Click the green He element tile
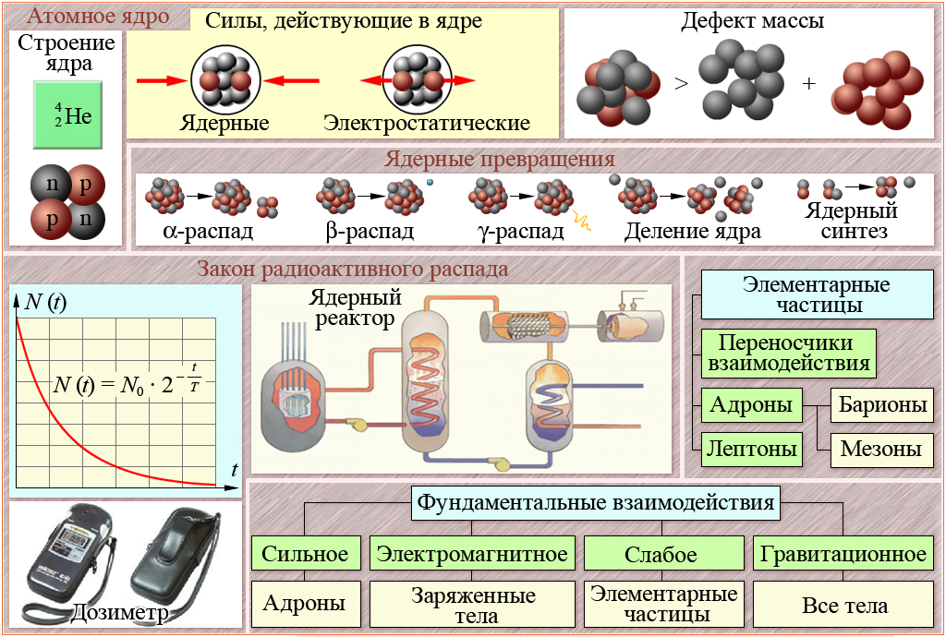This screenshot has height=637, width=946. (x=66, y=114)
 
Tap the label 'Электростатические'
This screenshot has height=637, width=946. (x=427, y=123)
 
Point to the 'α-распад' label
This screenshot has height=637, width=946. (x=208, y=231)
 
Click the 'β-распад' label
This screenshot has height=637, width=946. (x=370, y=231)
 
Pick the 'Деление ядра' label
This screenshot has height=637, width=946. (x=692, y=231)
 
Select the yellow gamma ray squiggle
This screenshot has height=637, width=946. (x=583, y=221)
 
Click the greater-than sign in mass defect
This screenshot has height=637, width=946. (x=681, y=84)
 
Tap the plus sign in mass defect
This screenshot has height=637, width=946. (x=809, y=84)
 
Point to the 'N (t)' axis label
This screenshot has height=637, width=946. (x=44, y=301)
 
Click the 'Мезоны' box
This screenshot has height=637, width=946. (x=880, y=450)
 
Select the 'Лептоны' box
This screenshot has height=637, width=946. (x=752, y=450)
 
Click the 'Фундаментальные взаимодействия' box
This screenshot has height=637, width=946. (x=596, y=504)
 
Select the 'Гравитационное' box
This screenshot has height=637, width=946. (x=843, y=554)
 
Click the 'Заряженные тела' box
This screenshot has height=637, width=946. (x=472, y=605)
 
